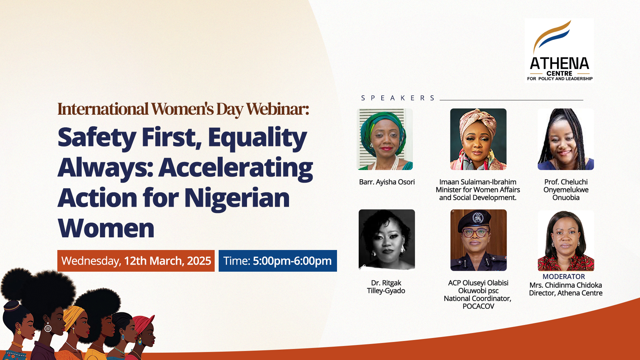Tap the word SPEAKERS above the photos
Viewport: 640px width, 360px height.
398,98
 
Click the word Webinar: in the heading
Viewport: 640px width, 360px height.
277,109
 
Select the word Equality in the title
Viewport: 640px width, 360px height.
257,137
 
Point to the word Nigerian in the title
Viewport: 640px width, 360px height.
237,198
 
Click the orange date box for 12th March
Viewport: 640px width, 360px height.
136,261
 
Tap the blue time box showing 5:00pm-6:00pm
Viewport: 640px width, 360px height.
277,261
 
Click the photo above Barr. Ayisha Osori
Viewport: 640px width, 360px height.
385,139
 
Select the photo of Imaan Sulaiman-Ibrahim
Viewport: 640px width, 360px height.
478,139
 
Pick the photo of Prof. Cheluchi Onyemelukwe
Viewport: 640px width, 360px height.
566,139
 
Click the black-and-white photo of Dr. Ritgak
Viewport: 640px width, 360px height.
387,239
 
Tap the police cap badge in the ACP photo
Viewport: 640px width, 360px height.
478,218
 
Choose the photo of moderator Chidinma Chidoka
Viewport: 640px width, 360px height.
566,241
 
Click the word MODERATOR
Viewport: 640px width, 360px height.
563,277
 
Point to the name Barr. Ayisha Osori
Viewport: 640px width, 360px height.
387,182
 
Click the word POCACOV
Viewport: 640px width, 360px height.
478,306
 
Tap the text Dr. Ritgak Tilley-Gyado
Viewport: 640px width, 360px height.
386,287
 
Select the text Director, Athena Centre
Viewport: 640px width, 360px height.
566,293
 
